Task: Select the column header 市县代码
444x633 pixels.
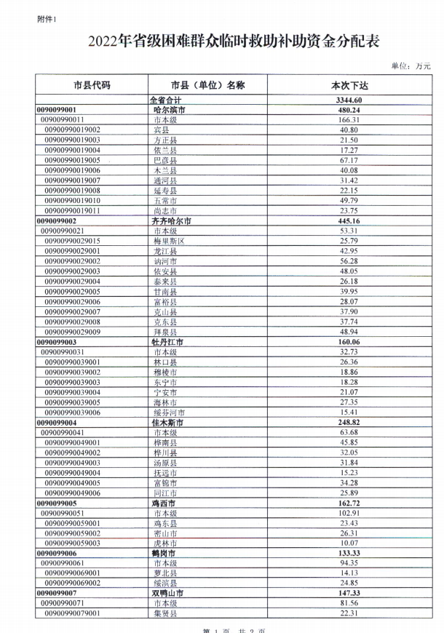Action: tap(92, 85)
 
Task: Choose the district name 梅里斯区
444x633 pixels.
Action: tap(170, 240)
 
